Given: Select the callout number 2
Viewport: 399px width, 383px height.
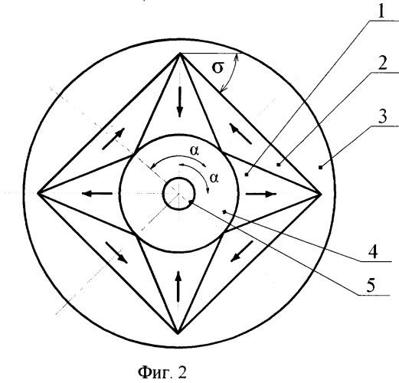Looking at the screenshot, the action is tap(382, 63).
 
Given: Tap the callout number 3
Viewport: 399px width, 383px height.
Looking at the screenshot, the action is tap(382, 116).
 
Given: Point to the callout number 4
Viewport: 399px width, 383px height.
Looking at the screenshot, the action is tap(373, 252).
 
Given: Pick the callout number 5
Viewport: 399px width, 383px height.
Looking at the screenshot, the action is tap(371, 285).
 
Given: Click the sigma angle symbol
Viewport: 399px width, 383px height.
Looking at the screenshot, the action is tap(217, 67).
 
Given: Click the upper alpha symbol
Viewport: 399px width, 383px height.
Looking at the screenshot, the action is tap(195, 151).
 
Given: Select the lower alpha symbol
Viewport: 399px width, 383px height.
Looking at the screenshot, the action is tap(214, 178).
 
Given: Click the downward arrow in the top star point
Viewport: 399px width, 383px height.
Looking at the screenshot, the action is tap(180, 102).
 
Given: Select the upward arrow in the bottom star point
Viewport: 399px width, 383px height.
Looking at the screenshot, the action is tap(178, 286).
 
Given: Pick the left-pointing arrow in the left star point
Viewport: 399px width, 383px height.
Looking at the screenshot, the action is tap(97, 194).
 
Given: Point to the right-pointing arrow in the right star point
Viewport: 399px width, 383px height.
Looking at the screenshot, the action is tap(261, 194).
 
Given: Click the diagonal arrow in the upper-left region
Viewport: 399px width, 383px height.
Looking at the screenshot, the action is tap(113, 139).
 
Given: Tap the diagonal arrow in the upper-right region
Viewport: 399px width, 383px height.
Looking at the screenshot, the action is tap(240, 133).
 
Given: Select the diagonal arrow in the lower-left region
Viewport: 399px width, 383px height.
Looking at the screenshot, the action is tap(116, 253).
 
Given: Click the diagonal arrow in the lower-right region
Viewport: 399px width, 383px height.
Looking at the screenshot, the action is tap(242, 251).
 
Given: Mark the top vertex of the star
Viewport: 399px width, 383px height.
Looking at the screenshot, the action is tap(180, 53).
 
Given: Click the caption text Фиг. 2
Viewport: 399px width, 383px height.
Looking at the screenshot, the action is tap(162, 372).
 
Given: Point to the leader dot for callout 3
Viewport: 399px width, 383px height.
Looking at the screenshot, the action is tap(320, 168).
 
